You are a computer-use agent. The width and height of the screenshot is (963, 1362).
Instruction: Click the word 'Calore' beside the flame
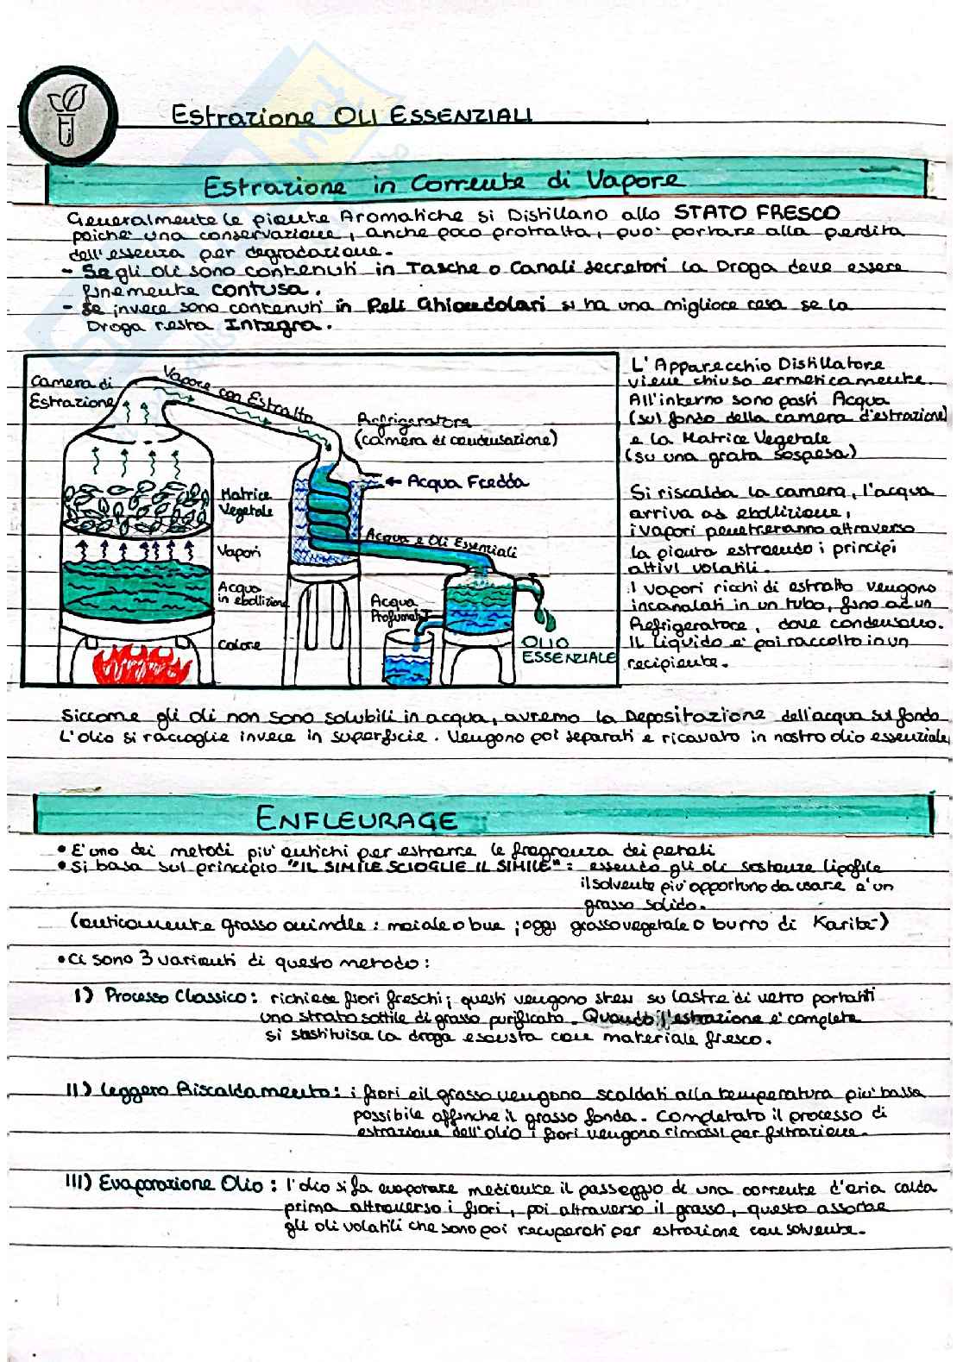(x=239, y=644)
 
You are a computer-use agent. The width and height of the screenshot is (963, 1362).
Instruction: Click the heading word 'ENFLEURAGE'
(x=356, y=818)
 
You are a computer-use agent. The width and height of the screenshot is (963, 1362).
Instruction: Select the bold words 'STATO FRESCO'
(x=756, y=212)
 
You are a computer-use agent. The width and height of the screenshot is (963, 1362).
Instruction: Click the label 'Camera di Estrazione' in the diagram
(x=71, y=392)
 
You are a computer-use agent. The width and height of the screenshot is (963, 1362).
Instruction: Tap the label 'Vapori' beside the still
(x=239, y=550)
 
